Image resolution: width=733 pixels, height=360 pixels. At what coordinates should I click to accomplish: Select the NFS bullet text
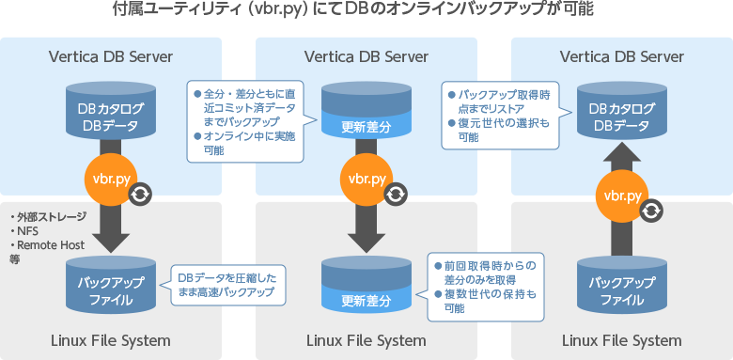(x=25, y=230)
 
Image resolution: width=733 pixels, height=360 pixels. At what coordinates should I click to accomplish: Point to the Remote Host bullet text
(x=48, y=244)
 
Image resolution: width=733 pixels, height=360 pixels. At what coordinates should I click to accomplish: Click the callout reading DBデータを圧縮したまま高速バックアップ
(x=226, y=284)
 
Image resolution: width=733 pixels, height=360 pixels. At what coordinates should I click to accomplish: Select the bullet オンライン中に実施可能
(x=243, y=143)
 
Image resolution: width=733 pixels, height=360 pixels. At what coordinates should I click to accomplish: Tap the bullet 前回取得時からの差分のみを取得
(x=485, y=273)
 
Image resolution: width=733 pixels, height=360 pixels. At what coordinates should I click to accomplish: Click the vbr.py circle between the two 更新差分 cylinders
(x=366, y=180)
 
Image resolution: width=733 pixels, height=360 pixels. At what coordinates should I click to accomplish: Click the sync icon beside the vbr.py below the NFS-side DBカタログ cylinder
(x=141, y=195)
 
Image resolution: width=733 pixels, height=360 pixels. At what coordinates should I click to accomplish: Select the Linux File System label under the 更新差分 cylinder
(x=366, y=339)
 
